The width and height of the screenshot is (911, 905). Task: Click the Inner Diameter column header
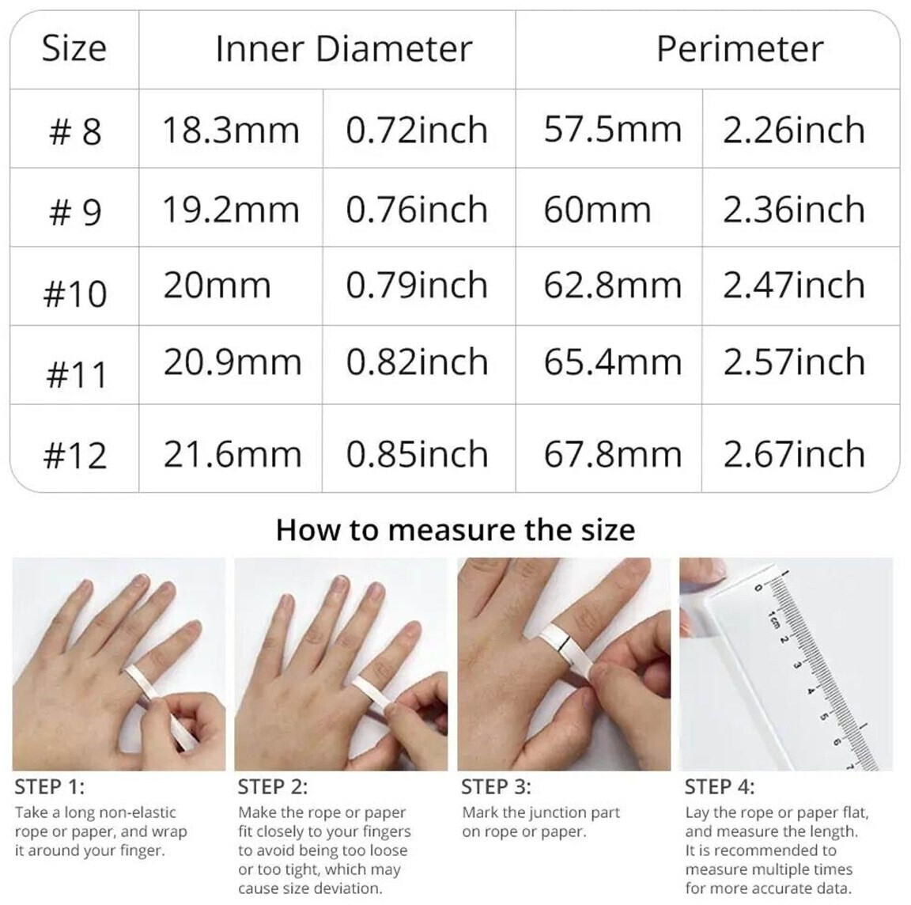[x=343, y=49]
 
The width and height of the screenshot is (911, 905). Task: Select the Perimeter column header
[x=739, y=49]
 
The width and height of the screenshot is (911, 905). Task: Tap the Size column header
[x=74, y=49]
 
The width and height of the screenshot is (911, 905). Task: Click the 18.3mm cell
[x=231, y=130]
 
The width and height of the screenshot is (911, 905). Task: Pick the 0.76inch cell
[x=417, y=210]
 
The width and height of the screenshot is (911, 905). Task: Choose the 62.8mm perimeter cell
[x=612, y=286]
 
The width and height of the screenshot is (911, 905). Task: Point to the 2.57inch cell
[x=794, y=362]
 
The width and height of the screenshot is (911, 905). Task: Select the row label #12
[x=76, y=455]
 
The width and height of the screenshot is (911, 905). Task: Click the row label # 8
[x=76, y=131]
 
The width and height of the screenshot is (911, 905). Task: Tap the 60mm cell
[x=597, y=210]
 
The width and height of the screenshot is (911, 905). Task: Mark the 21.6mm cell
[x=232, y=454]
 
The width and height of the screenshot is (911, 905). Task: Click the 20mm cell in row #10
[x=217, y=286]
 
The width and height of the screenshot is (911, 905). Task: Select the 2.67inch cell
[x=794, y=454]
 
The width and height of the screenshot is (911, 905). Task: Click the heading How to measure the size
[x=455, y=530]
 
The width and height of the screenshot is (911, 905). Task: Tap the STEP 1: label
[x=49, y=787]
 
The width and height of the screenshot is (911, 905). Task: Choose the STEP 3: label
[x=496, y=787]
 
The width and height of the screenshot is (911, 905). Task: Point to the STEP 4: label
[x=720, y=787]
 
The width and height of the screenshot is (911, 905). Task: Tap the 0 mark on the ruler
[x=758, y=589]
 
